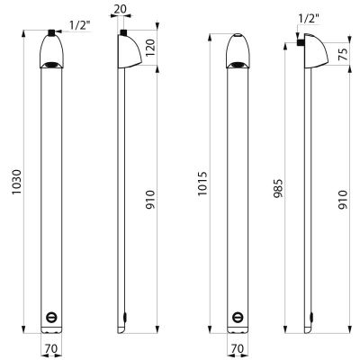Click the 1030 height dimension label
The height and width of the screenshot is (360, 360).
point(17,182)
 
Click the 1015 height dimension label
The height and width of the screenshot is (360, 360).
point(202,184)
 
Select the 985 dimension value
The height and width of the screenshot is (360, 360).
point(278,189)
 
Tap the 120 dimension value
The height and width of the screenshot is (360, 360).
point(150,49)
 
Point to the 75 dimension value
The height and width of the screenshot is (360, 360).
point(344,54)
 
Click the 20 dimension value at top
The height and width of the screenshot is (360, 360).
point(121,9)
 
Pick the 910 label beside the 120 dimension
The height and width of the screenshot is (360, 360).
point(150,200)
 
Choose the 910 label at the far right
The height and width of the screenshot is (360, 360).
point(344,200)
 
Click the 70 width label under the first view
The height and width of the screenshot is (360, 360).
point(51,348)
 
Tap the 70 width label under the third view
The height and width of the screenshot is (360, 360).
point(238,348)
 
